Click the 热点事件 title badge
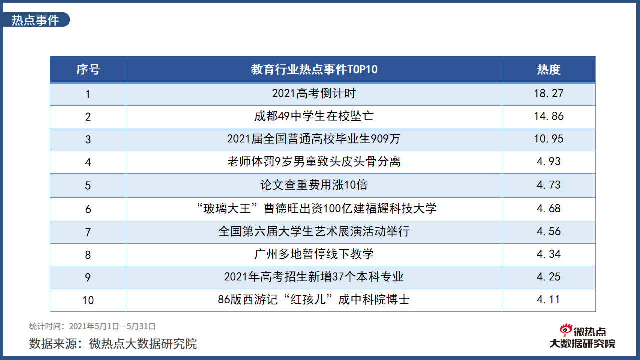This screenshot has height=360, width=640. pyautogui.click(x=36, y=20)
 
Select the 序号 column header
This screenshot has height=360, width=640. pyautogui.click(x=88, y=70)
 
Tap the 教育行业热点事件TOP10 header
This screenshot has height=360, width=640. pyautogui.click(x=314, y=70)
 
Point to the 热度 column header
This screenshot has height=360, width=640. pyautogui.click(x=549, y=70)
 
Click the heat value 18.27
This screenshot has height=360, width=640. pyautogui.click(x=549, y=93)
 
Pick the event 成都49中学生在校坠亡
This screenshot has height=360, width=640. pyautogui.click(x=314, y=116)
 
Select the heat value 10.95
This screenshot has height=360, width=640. pyautogui.click(x=549, y=139)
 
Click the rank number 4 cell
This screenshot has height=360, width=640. pyautogui.click(x=88, y=162)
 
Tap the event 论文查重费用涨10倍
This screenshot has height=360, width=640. pyautogui.click(x=314, y=185)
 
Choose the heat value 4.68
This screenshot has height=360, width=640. pyautogui.click(x=549, y=208)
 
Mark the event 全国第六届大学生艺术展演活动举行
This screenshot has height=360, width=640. pyautogui.click(x=314, y=231)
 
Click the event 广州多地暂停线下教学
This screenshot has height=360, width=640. pyautogui.click(x=314, y=254)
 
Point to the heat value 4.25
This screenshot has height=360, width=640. pyautogui.click(x=549, y=277)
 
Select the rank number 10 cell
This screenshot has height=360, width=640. pyautogui.click(x=88, y=300)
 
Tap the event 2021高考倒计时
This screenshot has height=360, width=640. pyautogui.click(x=314, y=93)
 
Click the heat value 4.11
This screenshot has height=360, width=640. pyautogui.click(x=549, y=300)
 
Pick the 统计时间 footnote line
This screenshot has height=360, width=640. pyautogui.click(x=92, y=326)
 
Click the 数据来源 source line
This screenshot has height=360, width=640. pyautogui.click(x=113, y=344)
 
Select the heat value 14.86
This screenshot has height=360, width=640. pyautogui.click(x=549, y=116)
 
